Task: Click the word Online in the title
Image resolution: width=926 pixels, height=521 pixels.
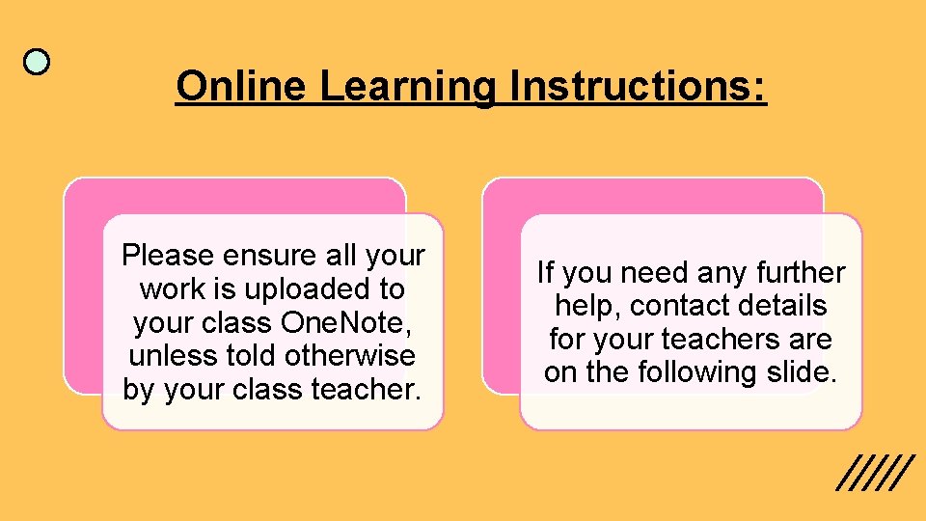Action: click(x=241, y=87)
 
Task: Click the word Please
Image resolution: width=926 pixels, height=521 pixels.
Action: click(x=168, y=256)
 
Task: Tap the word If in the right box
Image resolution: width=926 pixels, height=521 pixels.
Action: click(x=545, y=273)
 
